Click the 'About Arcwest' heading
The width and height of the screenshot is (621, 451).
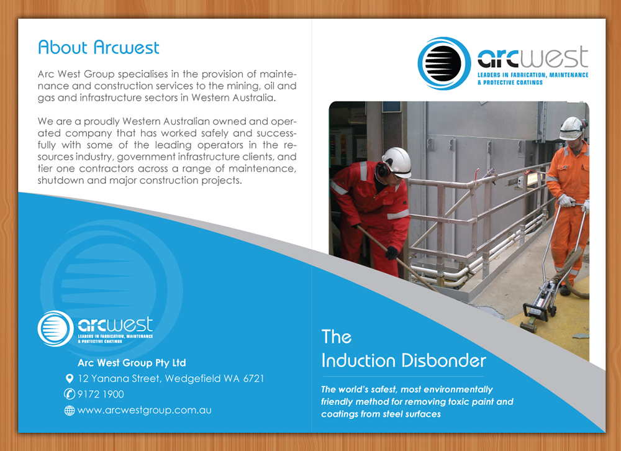[x=98, y=47]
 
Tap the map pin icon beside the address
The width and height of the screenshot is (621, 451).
[x=70, y=378]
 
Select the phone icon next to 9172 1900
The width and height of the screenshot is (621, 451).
[x=70, y=394]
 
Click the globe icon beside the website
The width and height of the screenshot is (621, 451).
[x=70, y=411]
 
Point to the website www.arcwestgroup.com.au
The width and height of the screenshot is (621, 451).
[x=144, y=410]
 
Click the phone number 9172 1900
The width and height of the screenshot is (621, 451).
[x=101, y=394]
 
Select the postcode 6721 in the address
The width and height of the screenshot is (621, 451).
[x=253, y=378]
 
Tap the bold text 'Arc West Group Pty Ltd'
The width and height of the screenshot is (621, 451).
[x=132, y=363]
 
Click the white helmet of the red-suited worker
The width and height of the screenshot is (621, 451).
[x=396, y=162]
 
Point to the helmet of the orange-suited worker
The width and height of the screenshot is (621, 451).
[x=573, y=127]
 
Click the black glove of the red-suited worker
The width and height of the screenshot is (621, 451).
[x=391, y=253]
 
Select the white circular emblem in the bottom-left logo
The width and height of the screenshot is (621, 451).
[x=55, y=329]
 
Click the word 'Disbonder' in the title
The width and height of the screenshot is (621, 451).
[x=443, y=360]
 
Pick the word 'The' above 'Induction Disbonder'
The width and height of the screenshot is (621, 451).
[x=336, y=337]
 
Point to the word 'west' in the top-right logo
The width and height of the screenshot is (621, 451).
[x=554, y=57]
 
